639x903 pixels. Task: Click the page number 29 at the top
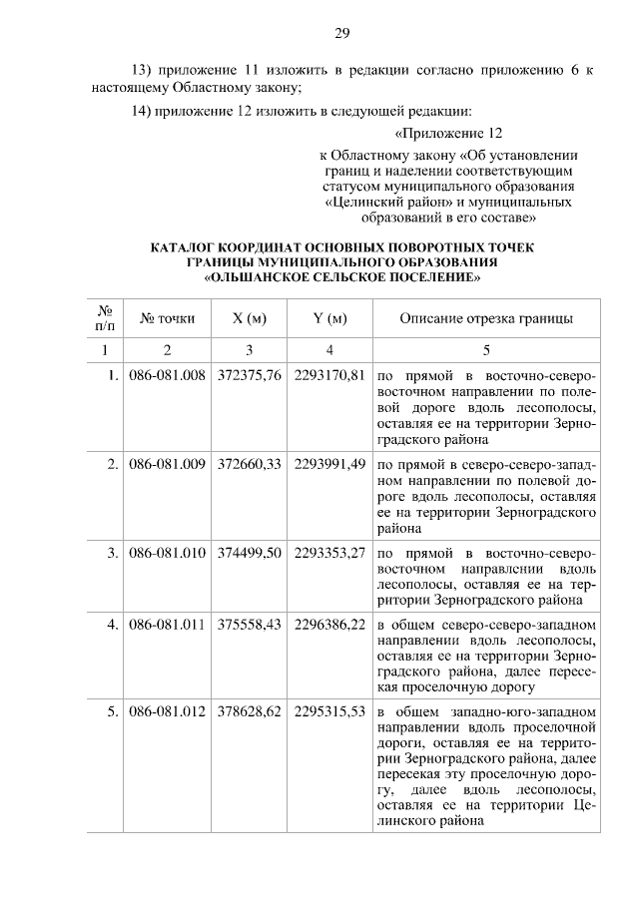coord(341,35)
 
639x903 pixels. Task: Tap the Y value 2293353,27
coord(329,551)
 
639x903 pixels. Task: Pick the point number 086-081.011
coord(167,625)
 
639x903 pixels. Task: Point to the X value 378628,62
coord(249,712)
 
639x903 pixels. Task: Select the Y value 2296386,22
coord(329,625)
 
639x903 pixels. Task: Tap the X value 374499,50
coord(249,551)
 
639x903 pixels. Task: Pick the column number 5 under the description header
coord(486,350)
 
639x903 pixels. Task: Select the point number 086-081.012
coord(167,712)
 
